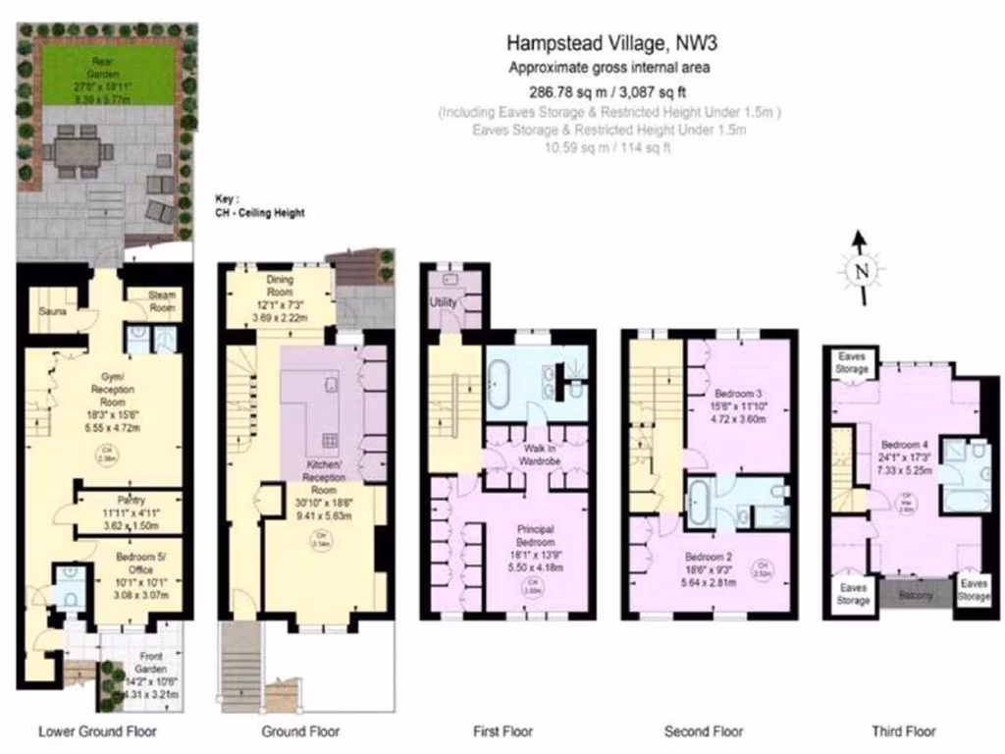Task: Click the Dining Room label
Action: (x=280, y=286)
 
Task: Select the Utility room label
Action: (x=443, y=303)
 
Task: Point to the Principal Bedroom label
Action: (x=535, y=536)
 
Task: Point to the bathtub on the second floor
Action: (x=702, y=502)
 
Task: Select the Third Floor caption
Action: (x=903, y=731)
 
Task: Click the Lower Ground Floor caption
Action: (x=96, y=731)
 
